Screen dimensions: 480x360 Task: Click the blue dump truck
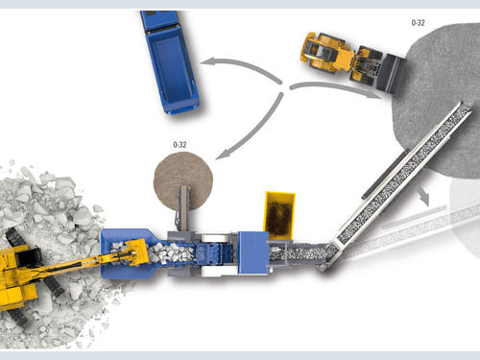[x=170, y=62]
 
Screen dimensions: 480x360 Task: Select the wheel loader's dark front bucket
[x=391, y=74]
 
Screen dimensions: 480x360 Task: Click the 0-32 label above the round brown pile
[x=180, y=145]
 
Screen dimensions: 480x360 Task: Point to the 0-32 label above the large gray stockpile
[x=418, y=23]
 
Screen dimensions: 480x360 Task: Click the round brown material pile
[x=183, y=181]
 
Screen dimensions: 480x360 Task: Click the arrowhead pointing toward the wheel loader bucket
[x=375, y=95]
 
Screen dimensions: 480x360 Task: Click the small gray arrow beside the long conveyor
[x=423, y=196]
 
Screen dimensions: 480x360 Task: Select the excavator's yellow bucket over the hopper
[x=136, y=252]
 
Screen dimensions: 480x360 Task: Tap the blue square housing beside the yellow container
[x=253, y=252]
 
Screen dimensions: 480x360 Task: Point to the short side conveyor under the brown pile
[x=183, y=208]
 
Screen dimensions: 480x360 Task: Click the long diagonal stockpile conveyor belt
[x=404, y=173]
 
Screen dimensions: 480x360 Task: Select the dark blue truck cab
[x=158, y=20]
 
